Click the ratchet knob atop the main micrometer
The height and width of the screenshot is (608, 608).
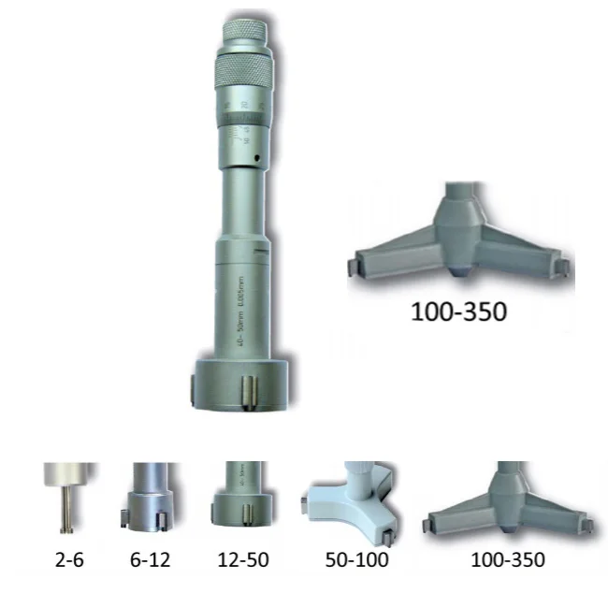(247, 42)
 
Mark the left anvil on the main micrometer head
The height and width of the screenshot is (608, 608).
(196, 385)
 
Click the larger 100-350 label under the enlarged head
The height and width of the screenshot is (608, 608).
(458, 311)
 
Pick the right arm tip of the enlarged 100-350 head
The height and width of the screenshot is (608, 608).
(564, 268)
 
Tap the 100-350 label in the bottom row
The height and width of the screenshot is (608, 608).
(509, 561)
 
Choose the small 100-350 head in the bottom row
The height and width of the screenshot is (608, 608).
(509, 505)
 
